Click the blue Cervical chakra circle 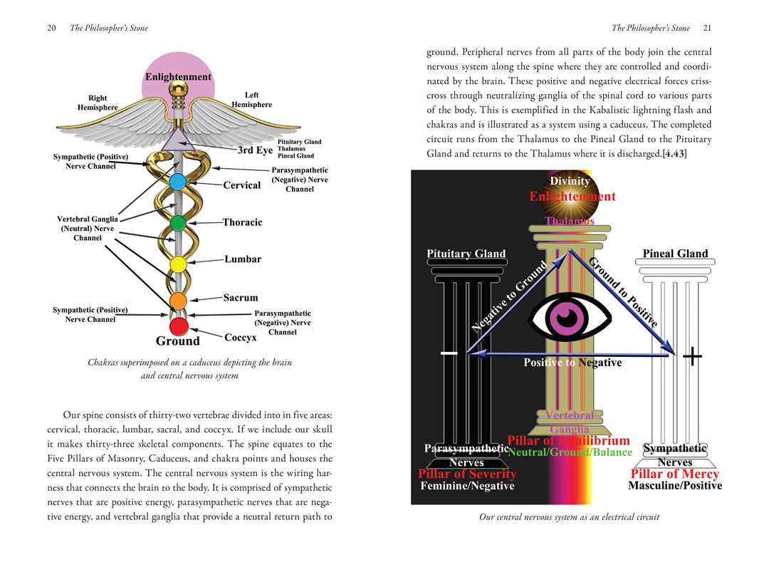coord(178,182)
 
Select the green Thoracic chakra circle coord(178,223)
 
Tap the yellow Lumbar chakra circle coord(178,264)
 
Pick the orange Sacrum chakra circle coord(178,300)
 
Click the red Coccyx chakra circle coord(179,327)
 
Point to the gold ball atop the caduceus coord(178,90)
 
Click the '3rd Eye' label coord(255,150)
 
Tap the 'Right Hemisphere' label coord(98,102)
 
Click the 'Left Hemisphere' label coord(251,100)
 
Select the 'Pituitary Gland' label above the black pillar coord(466,254)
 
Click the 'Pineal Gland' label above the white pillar coord(675,254)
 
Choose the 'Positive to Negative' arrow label coord(572,363)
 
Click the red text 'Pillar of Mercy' coord(674,474)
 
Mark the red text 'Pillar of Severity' coord(466,474)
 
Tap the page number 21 coord(706,28)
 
